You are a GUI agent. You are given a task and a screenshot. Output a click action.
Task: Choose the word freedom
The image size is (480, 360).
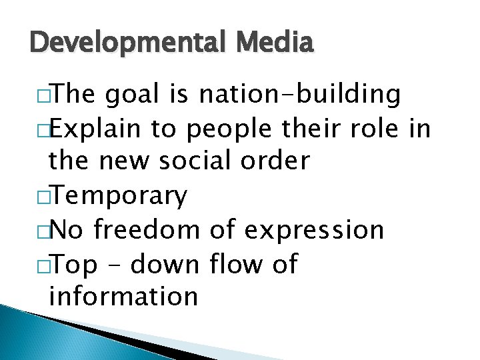click(x=147, y=230)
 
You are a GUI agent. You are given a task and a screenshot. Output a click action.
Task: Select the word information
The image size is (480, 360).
click(x=123, y=296)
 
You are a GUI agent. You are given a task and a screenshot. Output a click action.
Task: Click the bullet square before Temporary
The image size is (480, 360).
click(x=42, y=197)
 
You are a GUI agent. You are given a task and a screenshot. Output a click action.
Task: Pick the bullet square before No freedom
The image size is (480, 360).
click(x=42, y=231)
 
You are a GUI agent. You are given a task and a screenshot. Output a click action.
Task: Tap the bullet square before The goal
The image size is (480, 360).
click(x=42, y=97)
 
